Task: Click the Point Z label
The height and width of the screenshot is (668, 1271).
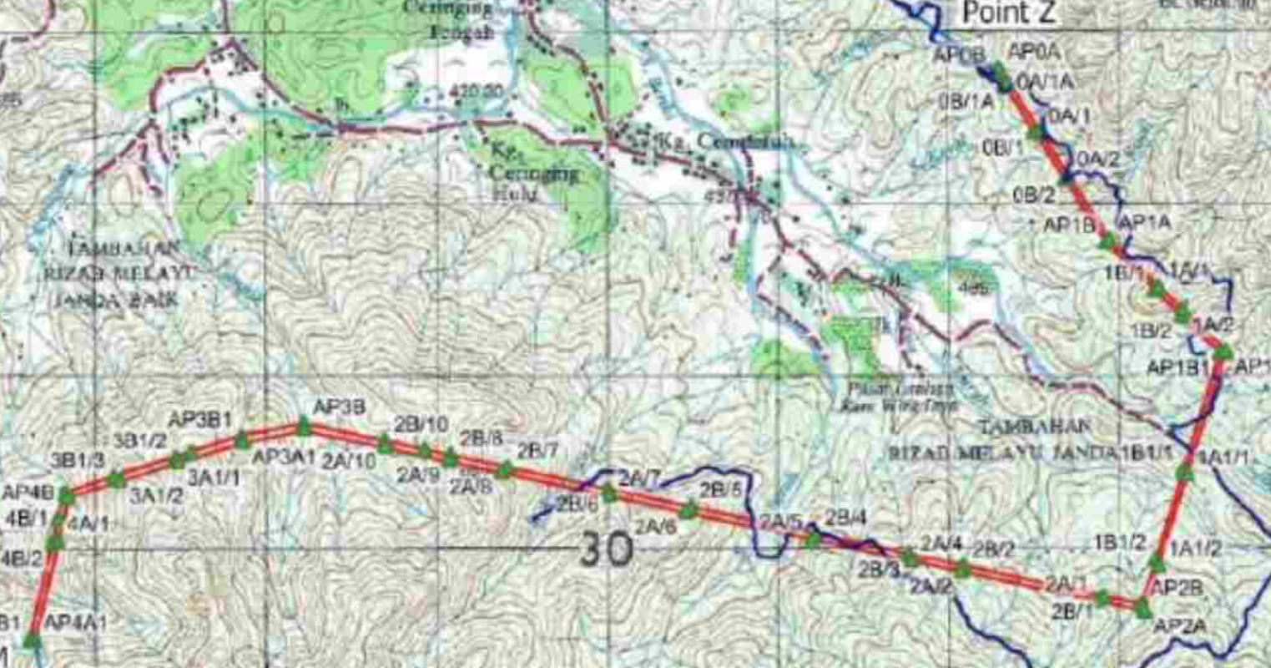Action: (1009, 13)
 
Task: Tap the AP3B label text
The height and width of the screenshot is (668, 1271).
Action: (339, 407)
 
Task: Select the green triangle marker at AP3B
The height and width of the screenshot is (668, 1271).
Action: (302, 428)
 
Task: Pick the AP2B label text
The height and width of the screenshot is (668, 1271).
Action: (1177, 588)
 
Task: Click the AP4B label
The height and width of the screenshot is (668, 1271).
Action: (28, 493)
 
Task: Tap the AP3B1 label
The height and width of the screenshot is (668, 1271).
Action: (199, 419)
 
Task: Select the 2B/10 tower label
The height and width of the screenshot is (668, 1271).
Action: (421, 423)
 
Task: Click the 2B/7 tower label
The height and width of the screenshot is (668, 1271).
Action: (537, 451)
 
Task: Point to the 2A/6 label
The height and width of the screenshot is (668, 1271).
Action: (655, 527)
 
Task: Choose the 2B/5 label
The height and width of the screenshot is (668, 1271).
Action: (720, 491)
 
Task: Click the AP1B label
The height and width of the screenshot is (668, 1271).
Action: (1068, 225)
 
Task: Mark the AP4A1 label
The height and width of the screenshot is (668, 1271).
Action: (75, 622)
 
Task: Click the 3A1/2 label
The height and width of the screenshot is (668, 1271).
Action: (157, 494)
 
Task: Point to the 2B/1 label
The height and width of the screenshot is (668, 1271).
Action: (1072, 611)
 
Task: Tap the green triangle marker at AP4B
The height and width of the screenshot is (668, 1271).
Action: (65, 496)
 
